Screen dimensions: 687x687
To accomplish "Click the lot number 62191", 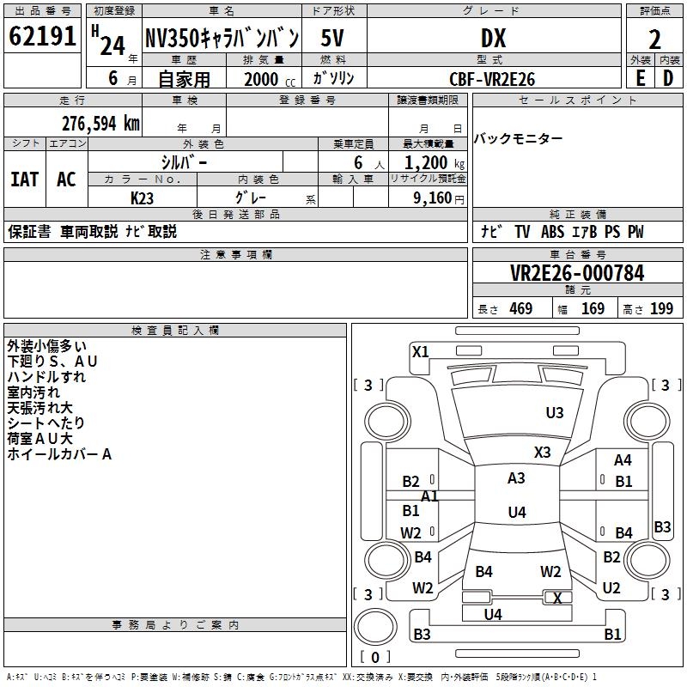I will (42, 37).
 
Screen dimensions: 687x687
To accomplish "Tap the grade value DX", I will (493, 37).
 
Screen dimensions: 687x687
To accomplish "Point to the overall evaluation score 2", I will (654, 40).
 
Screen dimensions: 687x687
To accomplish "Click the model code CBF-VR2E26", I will (492, 79).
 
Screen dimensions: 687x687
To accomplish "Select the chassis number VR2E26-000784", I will (576, 273).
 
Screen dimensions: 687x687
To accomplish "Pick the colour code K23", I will (143, 198).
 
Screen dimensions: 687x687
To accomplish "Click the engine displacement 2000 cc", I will (262, 79).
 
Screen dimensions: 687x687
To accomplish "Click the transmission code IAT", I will (24, 179).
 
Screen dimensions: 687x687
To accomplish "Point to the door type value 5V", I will (333, 39).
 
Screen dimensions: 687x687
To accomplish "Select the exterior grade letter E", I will (640, 78).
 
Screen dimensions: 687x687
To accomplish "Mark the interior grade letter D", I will (668, 78).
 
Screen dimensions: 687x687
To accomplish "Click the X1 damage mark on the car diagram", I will (420, 351).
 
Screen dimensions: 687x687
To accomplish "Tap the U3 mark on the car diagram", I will (555, 413).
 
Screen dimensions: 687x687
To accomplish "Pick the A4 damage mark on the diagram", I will (623, 460).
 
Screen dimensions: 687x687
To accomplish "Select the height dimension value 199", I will (661, 309).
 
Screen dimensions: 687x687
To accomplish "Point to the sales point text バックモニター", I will (519, 139).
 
